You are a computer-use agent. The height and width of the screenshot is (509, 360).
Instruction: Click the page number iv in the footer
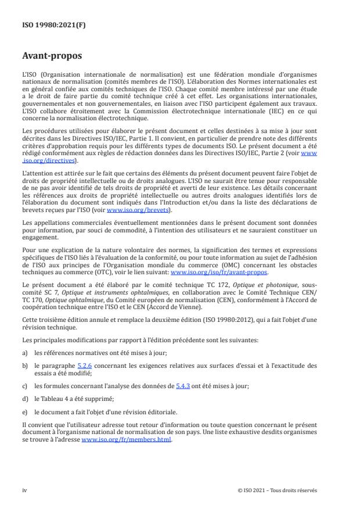(x=24, y=490)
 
